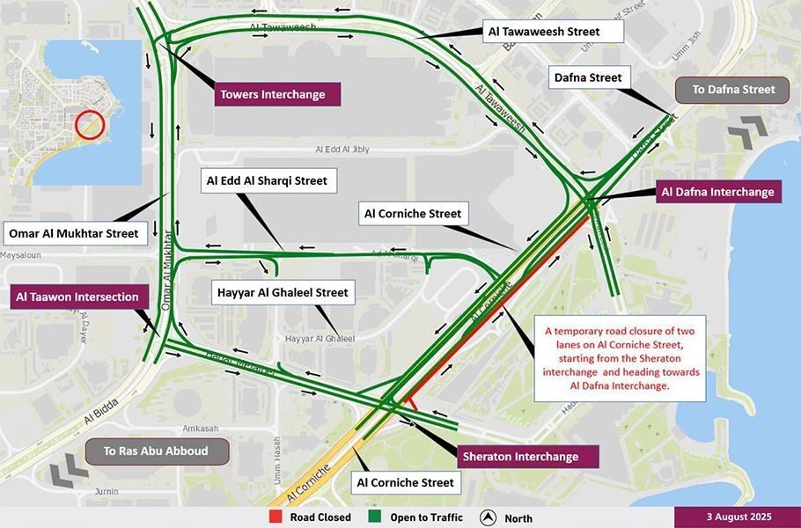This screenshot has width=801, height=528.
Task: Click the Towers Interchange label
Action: tap(273, 94)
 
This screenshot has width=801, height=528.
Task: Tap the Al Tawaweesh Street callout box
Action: tap(544, 32)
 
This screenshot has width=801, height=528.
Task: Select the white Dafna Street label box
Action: tap(588, 77)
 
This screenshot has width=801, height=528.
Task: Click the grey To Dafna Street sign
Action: tap(733, 89)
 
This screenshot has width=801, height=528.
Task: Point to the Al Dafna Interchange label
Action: tap(718, 192)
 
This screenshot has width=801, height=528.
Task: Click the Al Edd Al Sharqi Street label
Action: tap(267, 181)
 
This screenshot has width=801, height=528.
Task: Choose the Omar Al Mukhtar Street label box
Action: tap(74, 233)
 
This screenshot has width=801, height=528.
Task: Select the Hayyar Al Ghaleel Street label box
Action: tap(283, 292)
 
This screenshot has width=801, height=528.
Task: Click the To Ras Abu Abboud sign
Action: tap(158, 451)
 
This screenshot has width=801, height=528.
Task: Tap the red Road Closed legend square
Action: tap(275, 517)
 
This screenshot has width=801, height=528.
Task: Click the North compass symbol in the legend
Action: tap(488, 517)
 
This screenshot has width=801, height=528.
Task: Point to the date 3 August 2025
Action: tap(737, 517)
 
